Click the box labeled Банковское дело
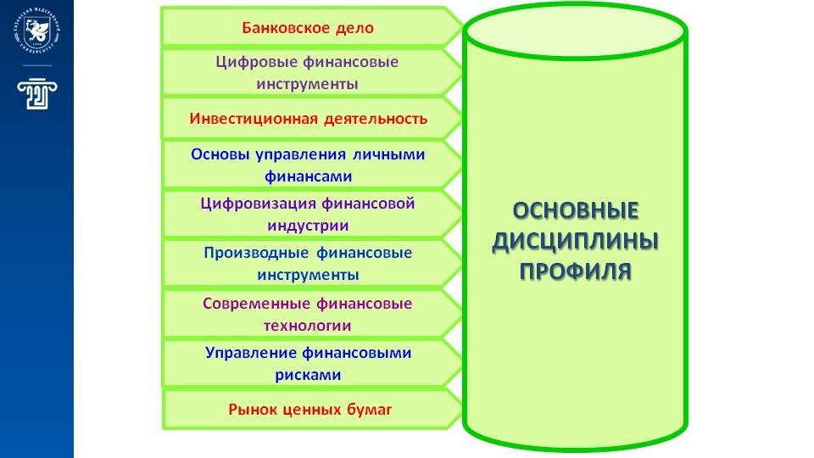[308, 27]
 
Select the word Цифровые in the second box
[247, 62]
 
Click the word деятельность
[375, 118]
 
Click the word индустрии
[308, 226]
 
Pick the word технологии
[308, 325]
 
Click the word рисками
[308, 375]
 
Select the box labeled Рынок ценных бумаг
[311, 411]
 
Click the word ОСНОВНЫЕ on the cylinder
[576, 212]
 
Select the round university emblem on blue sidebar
[36, 33]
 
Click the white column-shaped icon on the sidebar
[35, 94]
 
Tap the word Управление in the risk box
[248, 353]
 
